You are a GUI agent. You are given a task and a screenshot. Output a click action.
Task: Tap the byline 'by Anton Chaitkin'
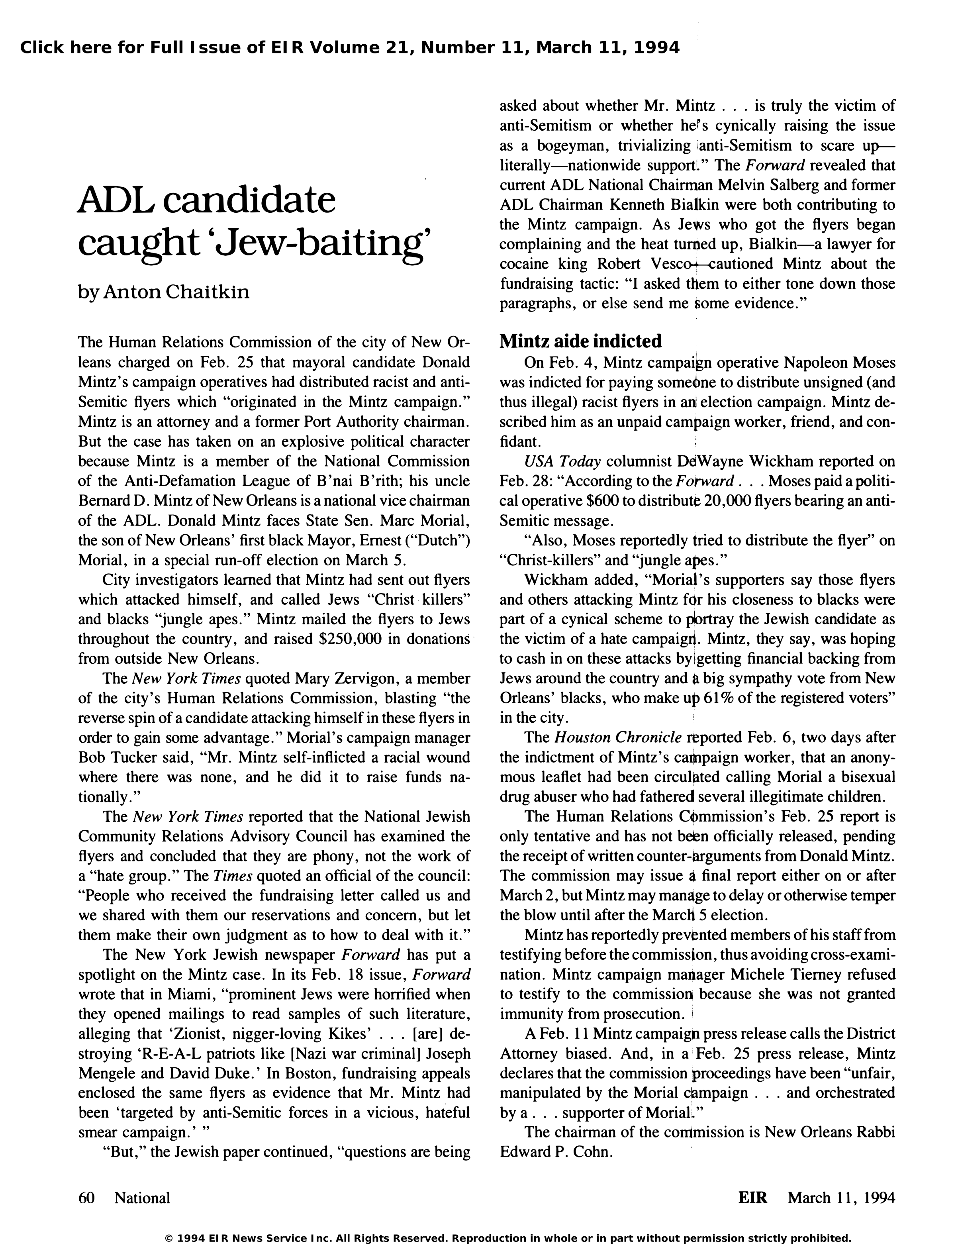163,292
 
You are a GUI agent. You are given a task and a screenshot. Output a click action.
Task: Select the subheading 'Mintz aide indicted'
580,341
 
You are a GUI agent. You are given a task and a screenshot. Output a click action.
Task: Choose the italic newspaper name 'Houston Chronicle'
617,737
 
